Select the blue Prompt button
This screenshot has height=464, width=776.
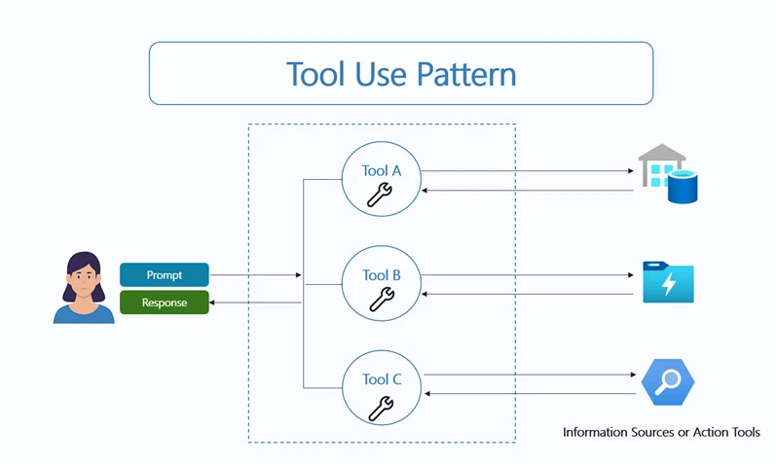pyautogui.click(x=165, y=275)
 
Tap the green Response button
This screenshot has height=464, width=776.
pyautogui.click(x=165, y=303)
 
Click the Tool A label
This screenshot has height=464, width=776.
pyautogui.click(x=382, y=170)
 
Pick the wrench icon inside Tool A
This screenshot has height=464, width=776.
pyautogui.click(x=379, y=196)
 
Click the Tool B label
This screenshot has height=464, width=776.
pyautogui.click(x=382, y=275)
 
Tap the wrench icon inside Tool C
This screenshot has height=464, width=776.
pyautogui.click(x=379, y=407)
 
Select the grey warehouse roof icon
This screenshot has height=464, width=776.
pyautogui.click(x=662, y=155)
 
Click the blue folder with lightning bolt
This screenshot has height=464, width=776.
pyautogui.click(x=668, y=282)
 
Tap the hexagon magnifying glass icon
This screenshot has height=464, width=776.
pyautogui.click(x=668, y=382)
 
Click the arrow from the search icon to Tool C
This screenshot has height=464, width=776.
pyautogui.click(x=532, y=393)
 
